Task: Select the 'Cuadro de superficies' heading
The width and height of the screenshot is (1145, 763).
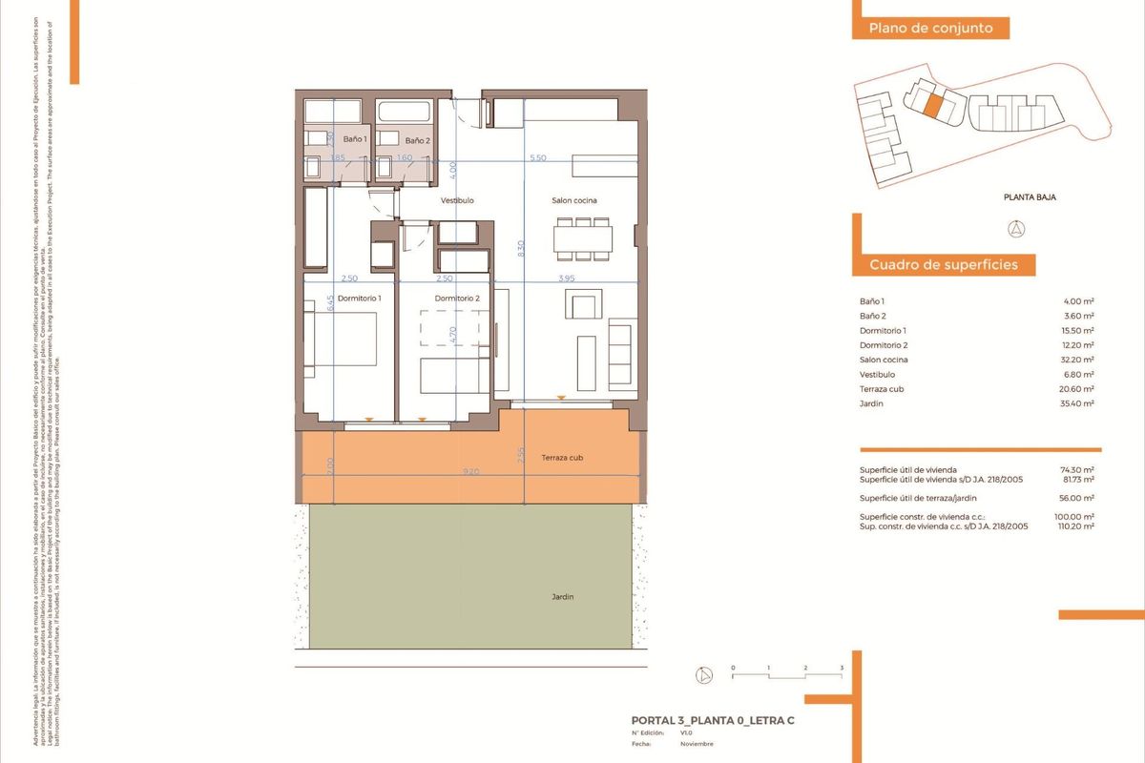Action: click(944, 265)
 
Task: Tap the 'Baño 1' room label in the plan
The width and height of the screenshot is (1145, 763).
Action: click(354, 140)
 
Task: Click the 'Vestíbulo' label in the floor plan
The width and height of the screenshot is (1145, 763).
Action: click(457, 201)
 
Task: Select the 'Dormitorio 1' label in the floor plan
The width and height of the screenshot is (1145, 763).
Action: click(360, 298)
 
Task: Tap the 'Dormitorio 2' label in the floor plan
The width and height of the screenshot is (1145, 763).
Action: click(457, 298)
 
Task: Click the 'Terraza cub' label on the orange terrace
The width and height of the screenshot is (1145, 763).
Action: click(561, 458)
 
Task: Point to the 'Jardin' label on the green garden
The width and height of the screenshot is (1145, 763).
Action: click(563, 597)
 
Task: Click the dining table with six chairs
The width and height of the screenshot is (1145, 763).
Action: click(582, 238)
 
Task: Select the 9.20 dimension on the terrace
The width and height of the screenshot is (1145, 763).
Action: click(471, 471)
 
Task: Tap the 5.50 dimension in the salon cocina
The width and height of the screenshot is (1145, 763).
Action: click(537, 157)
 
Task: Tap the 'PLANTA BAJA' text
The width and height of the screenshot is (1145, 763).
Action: click(1030, 198)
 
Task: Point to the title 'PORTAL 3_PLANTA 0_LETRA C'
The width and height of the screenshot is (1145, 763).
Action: click(713, 720)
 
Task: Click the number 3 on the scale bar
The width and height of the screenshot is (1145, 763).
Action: click(842, 668)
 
